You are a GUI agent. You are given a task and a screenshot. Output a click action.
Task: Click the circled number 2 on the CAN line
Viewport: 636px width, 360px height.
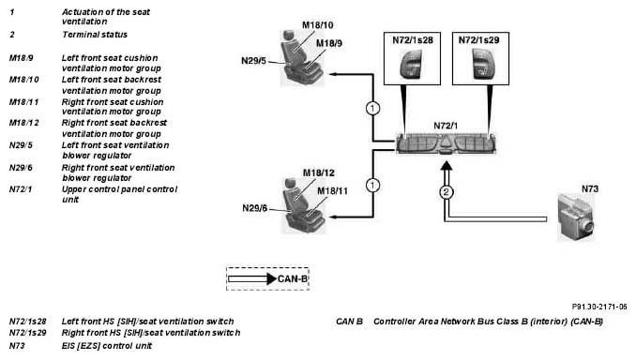447,192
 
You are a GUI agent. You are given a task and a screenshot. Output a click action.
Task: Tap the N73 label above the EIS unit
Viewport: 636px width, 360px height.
590,189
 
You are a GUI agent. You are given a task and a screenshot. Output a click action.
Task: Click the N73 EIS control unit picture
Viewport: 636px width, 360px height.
576,217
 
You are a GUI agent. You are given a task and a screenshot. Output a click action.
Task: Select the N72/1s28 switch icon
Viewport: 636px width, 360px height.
411,64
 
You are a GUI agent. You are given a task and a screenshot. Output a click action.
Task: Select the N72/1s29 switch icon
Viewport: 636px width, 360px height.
480,64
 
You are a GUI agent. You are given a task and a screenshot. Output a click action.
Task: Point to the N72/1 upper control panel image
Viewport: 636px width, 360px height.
446,143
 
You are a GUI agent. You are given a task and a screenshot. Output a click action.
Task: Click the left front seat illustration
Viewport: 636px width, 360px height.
302,58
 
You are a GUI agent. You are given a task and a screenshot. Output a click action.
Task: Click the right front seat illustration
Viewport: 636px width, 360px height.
303,205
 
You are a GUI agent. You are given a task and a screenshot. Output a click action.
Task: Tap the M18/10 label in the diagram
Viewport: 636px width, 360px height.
318,25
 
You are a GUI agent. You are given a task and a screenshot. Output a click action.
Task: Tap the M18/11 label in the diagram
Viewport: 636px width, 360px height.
332,191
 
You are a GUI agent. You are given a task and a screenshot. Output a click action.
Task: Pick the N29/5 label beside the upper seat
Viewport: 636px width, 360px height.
253,61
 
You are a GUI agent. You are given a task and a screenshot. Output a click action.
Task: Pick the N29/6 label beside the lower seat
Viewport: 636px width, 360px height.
255,208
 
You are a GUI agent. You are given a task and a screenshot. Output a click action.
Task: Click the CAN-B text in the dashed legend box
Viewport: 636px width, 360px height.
293,279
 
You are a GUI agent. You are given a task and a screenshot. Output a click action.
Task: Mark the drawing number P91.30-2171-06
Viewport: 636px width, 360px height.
599,307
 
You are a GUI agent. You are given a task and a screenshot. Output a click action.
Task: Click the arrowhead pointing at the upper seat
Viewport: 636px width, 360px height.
333,74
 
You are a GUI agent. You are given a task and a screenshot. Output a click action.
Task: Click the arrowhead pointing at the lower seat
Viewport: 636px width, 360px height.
333,217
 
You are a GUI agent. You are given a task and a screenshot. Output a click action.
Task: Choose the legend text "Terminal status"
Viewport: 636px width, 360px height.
95,35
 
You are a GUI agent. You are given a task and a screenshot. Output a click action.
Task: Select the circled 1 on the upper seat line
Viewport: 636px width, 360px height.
372,108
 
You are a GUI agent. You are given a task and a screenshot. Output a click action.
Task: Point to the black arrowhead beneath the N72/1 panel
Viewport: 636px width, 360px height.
447,165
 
